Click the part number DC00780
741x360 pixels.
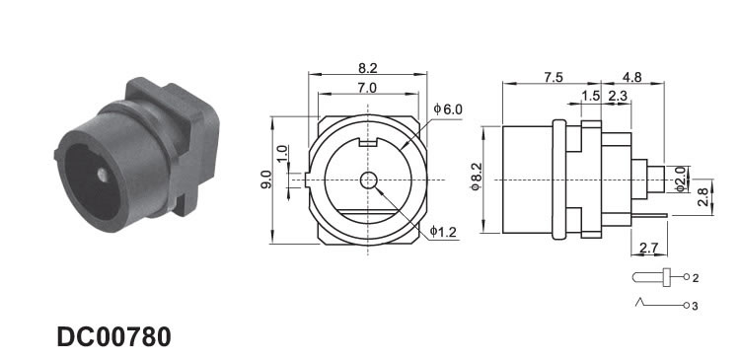113,337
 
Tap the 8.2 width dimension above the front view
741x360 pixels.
368,68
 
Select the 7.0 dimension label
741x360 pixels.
367,88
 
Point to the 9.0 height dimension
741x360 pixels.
266,180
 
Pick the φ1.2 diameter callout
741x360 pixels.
444,232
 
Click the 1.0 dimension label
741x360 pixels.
282,154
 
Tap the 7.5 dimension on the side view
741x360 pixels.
553,77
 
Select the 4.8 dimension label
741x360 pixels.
631,77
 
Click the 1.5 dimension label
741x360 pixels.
591,96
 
